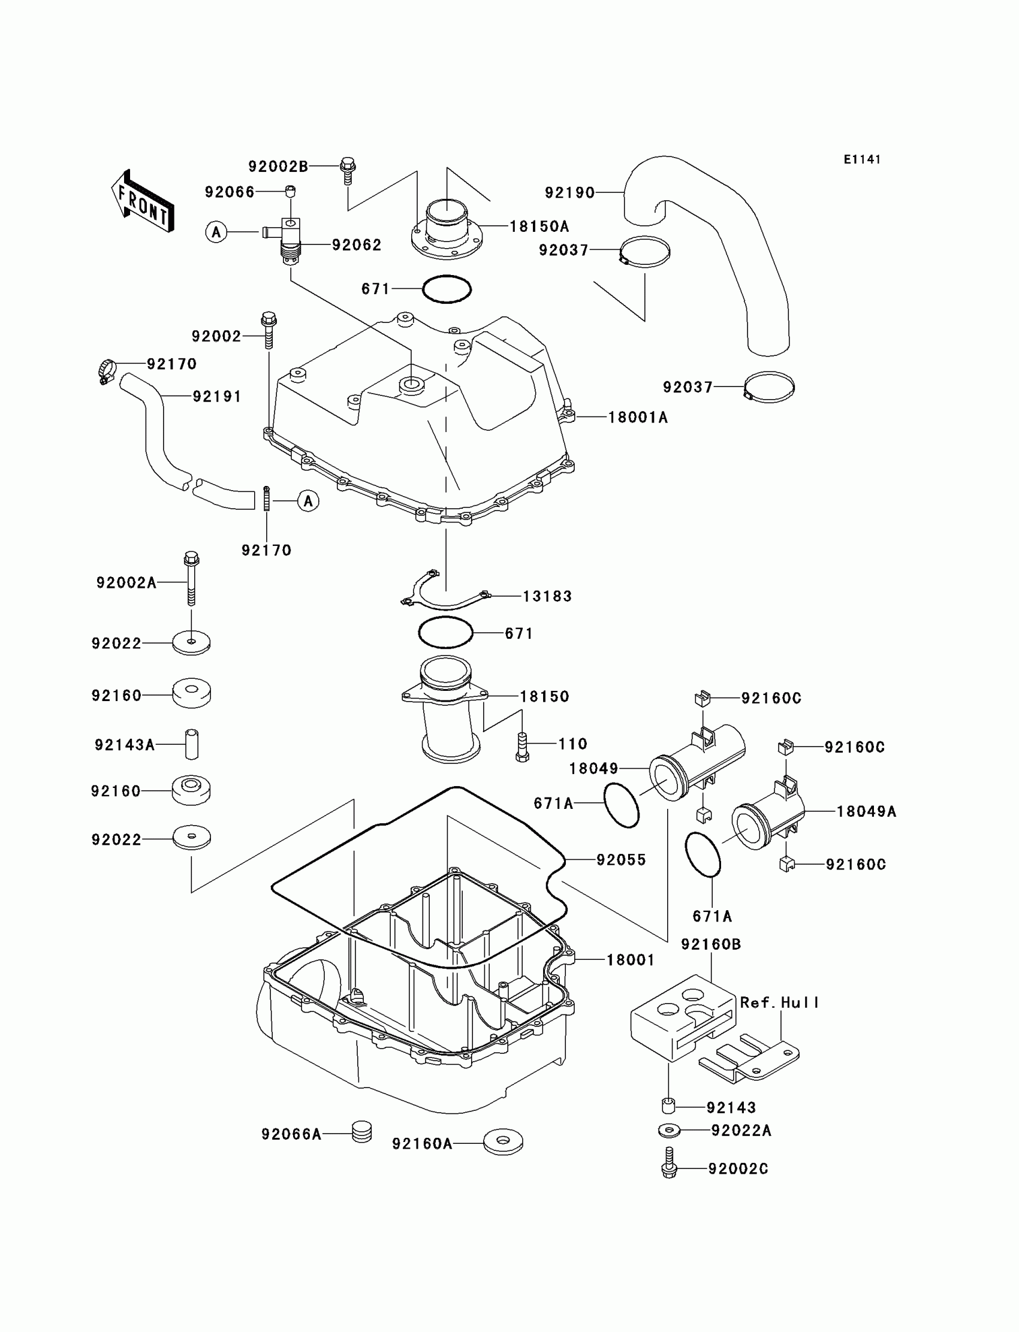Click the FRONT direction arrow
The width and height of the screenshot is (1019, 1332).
[x=143, y=201]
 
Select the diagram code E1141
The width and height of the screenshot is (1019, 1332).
[x=862, y=159]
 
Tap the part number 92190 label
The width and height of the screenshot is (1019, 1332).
[x=569, y=193]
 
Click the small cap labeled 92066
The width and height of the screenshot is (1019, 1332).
[x=291, y=192]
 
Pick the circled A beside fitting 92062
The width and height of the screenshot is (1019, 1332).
[x=216, y=232]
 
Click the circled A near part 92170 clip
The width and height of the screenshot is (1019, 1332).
[x=308, y=501]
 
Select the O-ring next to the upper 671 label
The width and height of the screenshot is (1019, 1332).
[x=447, y=289]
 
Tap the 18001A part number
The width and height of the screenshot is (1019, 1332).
[x=638, y=417]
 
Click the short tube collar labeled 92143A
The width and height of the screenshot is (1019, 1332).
[x=192, y=744]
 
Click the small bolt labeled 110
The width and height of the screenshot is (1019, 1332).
[x=522, y=747]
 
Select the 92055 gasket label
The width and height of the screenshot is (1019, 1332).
[x=621, y=860]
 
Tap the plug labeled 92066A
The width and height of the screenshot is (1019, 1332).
[x=361, y=1132]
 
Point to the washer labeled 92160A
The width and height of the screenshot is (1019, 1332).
[x=503, y=1141]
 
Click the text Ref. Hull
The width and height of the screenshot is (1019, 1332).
[x=779, y=1003]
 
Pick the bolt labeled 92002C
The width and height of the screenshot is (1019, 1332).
[x=670, y=1162]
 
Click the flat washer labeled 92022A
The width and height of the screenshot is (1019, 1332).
[x=669, y=1130]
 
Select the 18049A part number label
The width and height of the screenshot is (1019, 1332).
[x=866, y=811]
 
